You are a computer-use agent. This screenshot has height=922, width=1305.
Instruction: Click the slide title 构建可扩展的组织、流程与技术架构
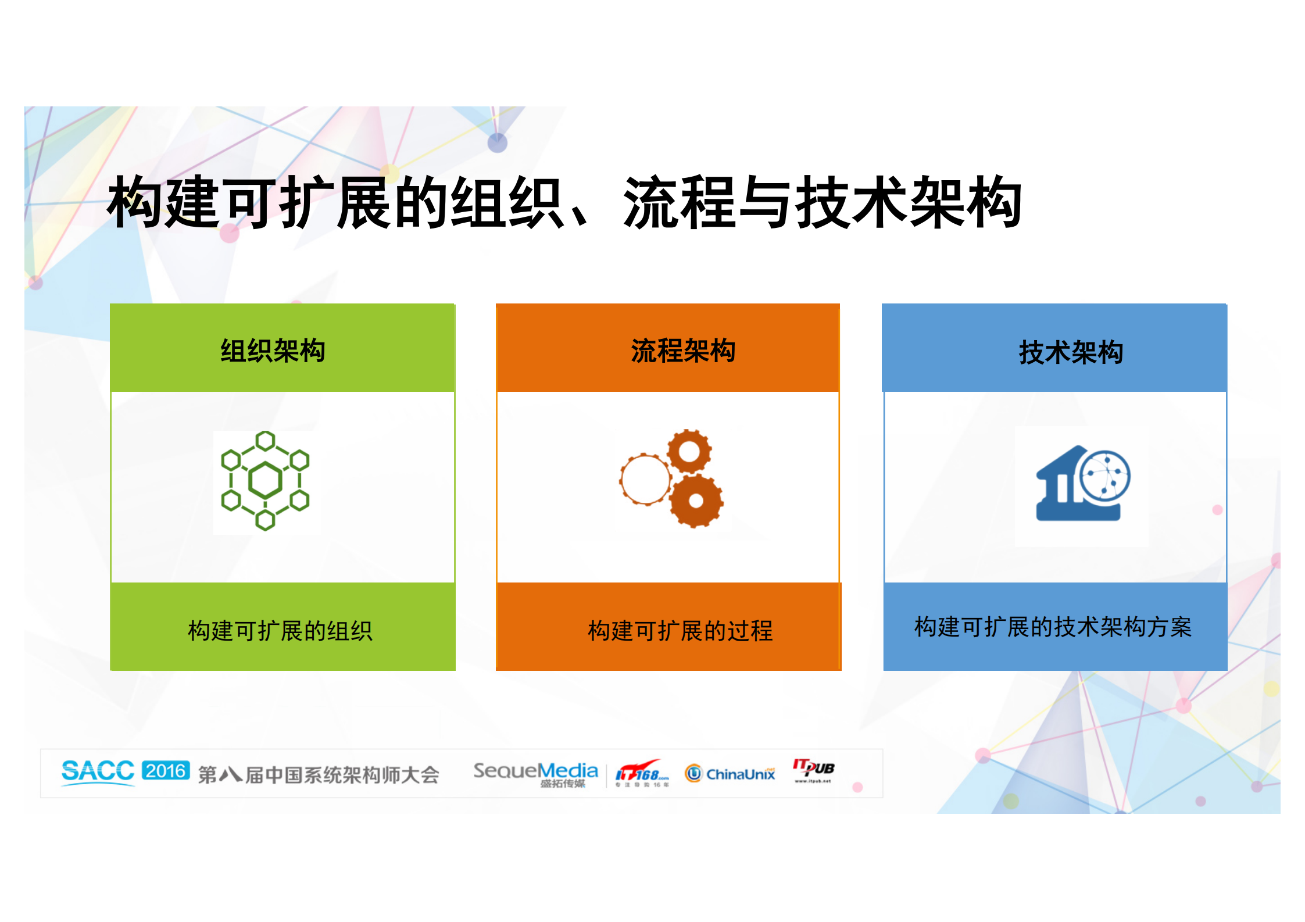pos(564,202)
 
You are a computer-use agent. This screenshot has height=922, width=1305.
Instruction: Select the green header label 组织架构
pos(273,351)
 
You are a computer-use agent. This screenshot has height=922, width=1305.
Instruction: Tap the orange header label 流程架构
pos(683,351)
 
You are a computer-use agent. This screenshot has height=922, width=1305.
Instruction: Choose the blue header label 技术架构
pos(1071,352)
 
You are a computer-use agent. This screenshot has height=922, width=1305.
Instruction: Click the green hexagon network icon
pos(266,481)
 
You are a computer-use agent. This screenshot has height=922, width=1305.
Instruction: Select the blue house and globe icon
pos(1082,484)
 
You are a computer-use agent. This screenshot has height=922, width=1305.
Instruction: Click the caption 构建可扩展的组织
pos(280,631)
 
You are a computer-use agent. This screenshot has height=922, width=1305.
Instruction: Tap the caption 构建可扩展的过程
pos(680,631)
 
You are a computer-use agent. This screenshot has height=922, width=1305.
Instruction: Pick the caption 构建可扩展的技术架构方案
pos(1053,627)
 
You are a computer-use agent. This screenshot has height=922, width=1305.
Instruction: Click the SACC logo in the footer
pos(98,771)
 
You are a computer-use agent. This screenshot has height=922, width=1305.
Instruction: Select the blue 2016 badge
pos(166,771)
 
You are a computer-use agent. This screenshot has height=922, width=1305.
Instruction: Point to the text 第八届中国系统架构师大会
pos(319,774)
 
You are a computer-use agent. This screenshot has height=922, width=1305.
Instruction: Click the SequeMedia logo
pos(535,773)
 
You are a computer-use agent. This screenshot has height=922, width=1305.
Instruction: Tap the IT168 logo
pos(642,773)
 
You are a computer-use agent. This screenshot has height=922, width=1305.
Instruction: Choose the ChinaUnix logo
pos(730,774)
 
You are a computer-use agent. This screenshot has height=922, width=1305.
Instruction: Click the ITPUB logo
pos(813,770)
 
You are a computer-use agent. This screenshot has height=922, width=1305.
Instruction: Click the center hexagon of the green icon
pos(266,480)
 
